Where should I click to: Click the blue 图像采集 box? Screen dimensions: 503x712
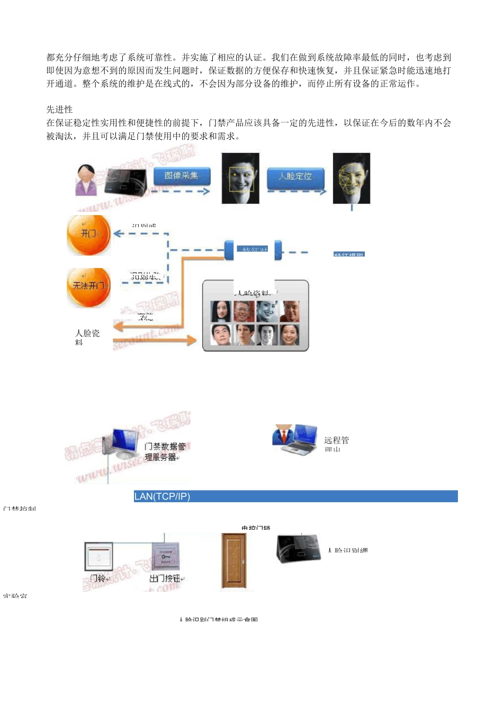(182, 176)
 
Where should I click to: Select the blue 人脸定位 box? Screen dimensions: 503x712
(295, 176)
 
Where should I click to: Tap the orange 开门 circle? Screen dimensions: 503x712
(88, 234)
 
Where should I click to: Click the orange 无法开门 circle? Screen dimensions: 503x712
(88, 286)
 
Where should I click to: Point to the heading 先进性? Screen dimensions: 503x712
(59, 110)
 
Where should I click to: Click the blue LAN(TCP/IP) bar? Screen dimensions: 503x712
(295, 496)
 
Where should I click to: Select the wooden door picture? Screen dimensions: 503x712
(233, 561)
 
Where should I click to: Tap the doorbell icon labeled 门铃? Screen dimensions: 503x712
(98, 557)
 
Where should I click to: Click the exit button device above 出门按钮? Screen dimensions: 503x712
(165, 556)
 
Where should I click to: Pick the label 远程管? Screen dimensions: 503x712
(336, 440)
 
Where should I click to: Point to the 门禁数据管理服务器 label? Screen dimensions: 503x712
(165, 452)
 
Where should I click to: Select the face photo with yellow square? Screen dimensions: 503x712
(240, 179)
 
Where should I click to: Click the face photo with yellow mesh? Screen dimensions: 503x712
(351, 179)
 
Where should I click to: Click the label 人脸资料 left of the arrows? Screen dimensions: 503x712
(87, 336)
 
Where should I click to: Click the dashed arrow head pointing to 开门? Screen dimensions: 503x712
(118, 234)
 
